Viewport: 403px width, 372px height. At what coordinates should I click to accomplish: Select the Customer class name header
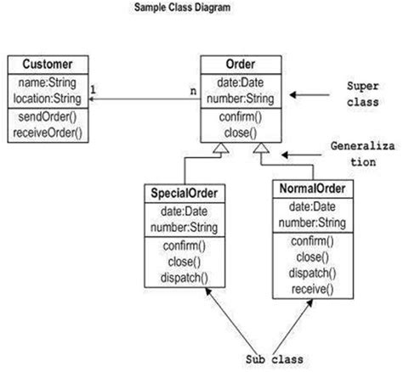coord(47,64)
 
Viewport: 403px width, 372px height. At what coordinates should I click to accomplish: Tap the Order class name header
coord(241,64)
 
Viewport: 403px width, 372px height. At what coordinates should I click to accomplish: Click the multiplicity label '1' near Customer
coord(93,88)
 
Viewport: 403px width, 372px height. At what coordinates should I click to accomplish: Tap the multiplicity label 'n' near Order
coord(193,88)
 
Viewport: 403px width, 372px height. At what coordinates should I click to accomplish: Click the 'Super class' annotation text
coord(368,94)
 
